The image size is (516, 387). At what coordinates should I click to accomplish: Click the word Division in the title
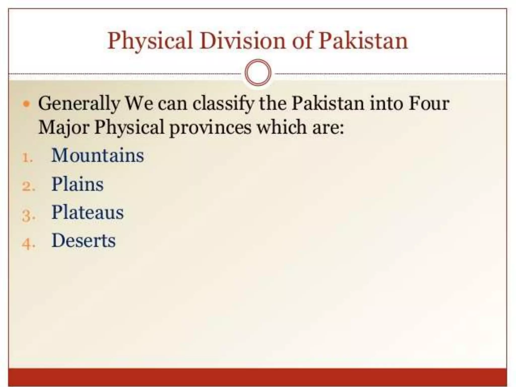click(x=243, y=41)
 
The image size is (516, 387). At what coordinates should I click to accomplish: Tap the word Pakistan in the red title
click(x=363, y=41)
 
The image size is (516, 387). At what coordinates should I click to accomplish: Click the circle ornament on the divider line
click(x=258, y=73)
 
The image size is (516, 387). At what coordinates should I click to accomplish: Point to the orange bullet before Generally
click(x=26, y=104)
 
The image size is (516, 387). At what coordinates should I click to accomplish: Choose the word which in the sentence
click(x=281, y=127)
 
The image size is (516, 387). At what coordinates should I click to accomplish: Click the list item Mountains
click(x=98, y=155)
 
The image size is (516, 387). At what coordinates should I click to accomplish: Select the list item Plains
click(x=77, y=184)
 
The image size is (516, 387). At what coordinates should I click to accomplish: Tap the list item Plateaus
click(x=87, y=212)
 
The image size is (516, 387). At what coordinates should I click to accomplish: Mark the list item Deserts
click(x=83, y=241)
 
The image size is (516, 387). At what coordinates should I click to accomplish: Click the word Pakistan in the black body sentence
click(x=328, y=103)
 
